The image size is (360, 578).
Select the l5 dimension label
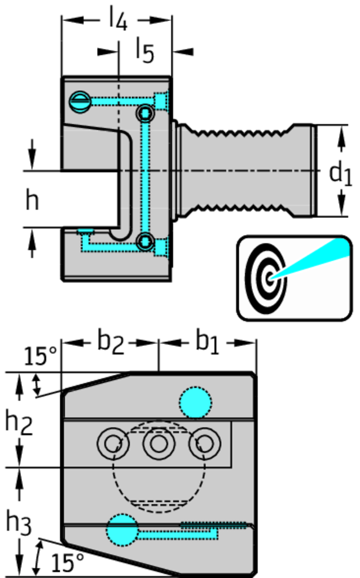[144, 51]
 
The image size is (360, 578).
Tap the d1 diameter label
[340, 173]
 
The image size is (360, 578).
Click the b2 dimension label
[110, 342]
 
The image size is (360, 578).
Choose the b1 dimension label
[207, 342]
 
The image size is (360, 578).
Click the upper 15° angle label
[40, 356]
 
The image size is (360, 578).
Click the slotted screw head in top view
[80, 102]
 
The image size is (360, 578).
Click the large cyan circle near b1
[195, 402]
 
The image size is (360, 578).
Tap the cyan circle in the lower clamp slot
[122, 529]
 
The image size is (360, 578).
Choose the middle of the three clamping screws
[159, 444]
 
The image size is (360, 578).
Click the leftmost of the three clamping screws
[113, 444]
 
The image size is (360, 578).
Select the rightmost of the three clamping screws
[204, 444]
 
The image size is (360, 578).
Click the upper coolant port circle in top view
[146, 114]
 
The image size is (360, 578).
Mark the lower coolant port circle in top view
[146, 242]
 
